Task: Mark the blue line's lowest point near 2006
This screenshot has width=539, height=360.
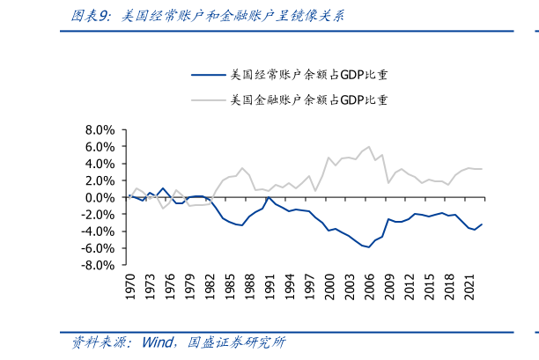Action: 369,247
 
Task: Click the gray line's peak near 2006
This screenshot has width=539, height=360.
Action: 369,147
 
